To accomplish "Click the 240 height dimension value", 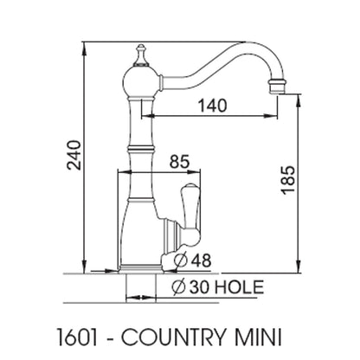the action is [74, 155].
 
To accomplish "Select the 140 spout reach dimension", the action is [213, 106].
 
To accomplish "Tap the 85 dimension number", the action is [179, 162].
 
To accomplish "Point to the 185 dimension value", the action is [288, 179].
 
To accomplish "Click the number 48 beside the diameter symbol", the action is [201, 260].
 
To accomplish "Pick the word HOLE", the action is [240, 287].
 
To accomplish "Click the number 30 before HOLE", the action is [199, 287].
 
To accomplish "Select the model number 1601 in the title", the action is [77, 337].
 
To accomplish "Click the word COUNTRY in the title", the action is [172, 337].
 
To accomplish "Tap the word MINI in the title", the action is [256, 337].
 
